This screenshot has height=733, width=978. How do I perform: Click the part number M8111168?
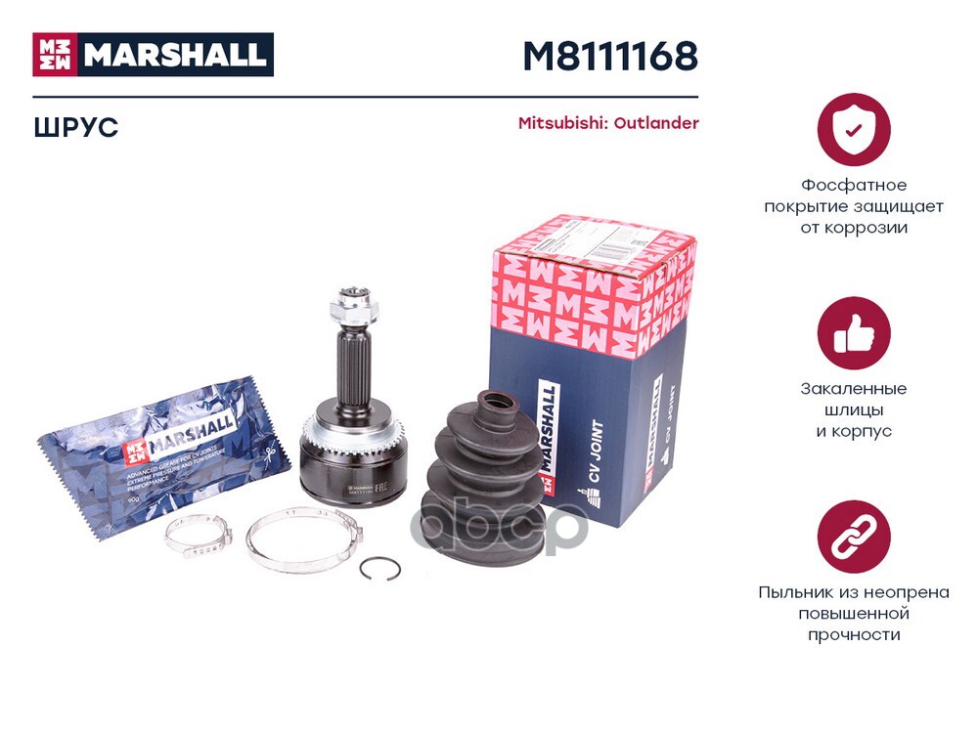click(x=609, y=56)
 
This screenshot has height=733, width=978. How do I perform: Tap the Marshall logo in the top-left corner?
click(x=153, y=55)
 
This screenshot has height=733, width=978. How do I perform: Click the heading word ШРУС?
click(x=75, y=127)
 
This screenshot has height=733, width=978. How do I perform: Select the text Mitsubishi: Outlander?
click(x=607, y=123)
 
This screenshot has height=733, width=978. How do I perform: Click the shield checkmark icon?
click(x=853, y=129)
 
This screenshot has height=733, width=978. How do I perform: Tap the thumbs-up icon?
click(x=853, y=333)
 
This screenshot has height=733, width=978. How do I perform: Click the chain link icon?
click(x=853, y=537)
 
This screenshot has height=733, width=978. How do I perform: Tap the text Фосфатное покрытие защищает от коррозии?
click(x=853, y=206)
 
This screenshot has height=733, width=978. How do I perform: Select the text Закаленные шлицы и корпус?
click(x=853, y=410)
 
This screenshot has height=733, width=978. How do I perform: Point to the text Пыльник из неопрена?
click(x=853, y=592)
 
